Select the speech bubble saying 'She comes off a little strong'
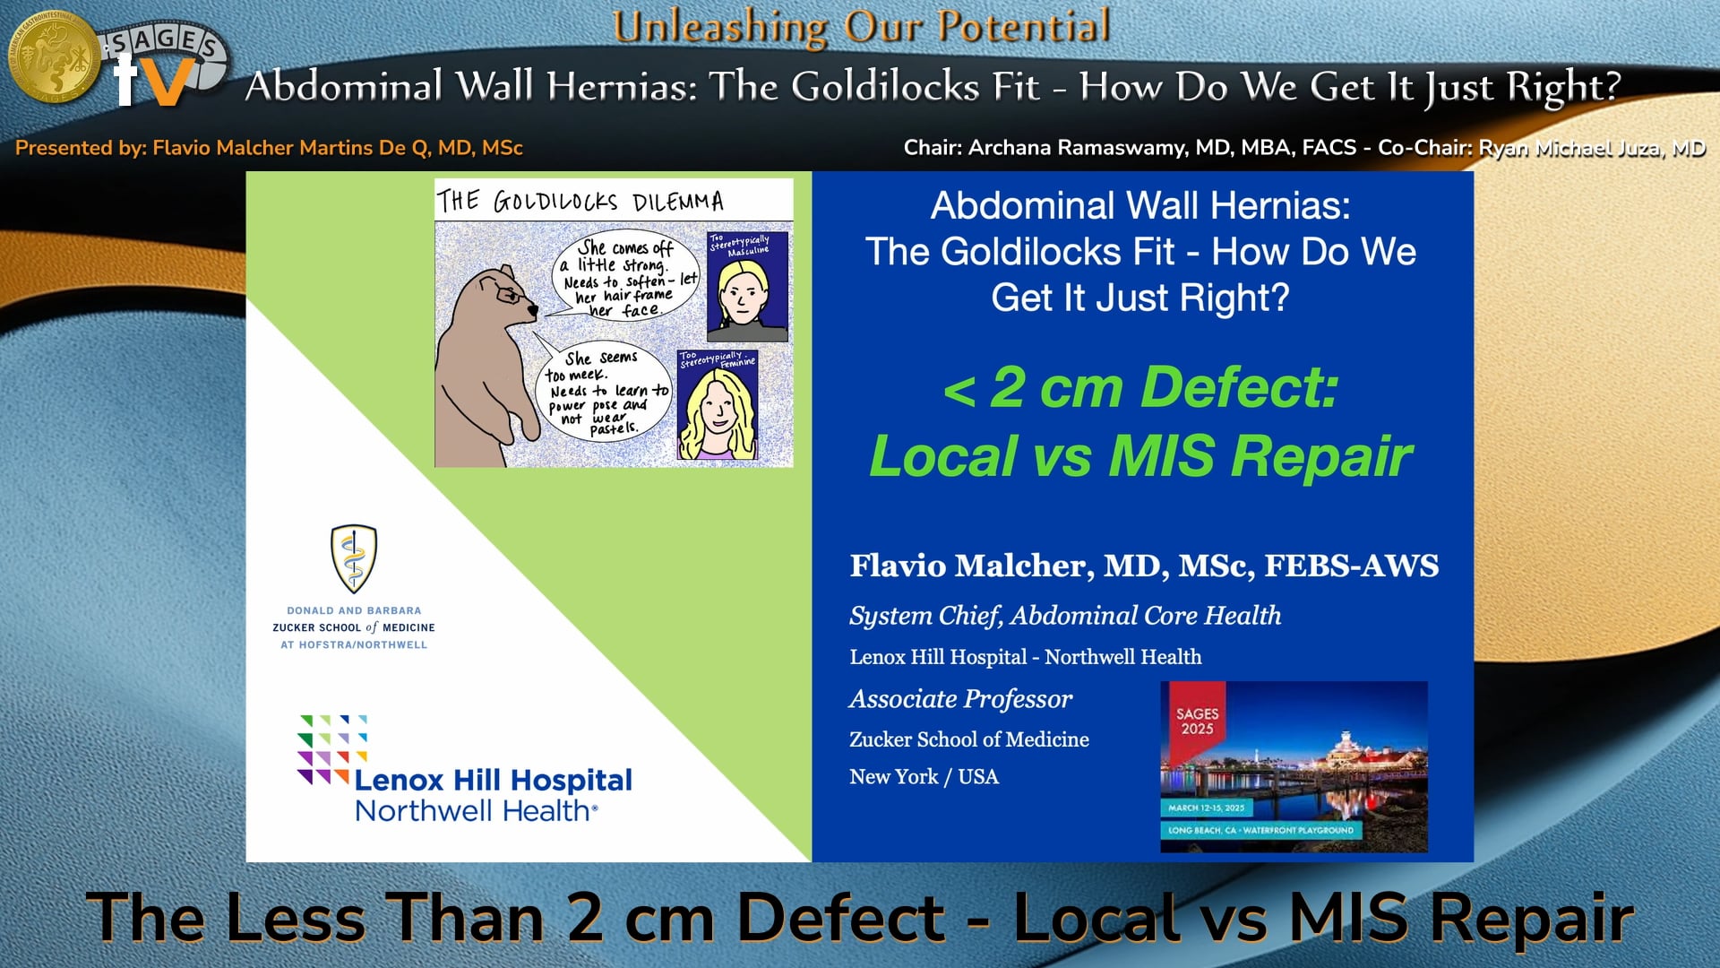pyautogui.click(x=627, y=278)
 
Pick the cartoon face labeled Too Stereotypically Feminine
pyautogui.click(x=718, y=408)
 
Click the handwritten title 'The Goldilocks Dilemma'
pyautogui.click(x=580, y=201)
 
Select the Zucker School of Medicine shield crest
pyautogui.click(x=354, y=557)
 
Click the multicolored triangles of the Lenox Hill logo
pyautogui.click(x=329, y=749)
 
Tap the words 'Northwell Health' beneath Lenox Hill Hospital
pyautogui.click(x=475, y=811)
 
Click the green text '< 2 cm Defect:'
pyautogui.click(x=1140, y=388)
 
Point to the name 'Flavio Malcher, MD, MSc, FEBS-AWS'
pyautogui.click(x=1144, y=566)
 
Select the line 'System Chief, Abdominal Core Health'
pyautogui.click(x=1064, y=616)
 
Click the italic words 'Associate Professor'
pyautogui.click(x=960, y=699)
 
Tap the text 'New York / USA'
pyautogui.click(x=924, y=777)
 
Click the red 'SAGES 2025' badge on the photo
pyautogui.click(x=1197, y=722)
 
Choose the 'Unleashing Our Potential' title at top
pyautogui.click(x=861, y=26)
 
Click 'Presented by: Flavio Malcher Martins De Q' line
pyautogui.click(x=269, y=148)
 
